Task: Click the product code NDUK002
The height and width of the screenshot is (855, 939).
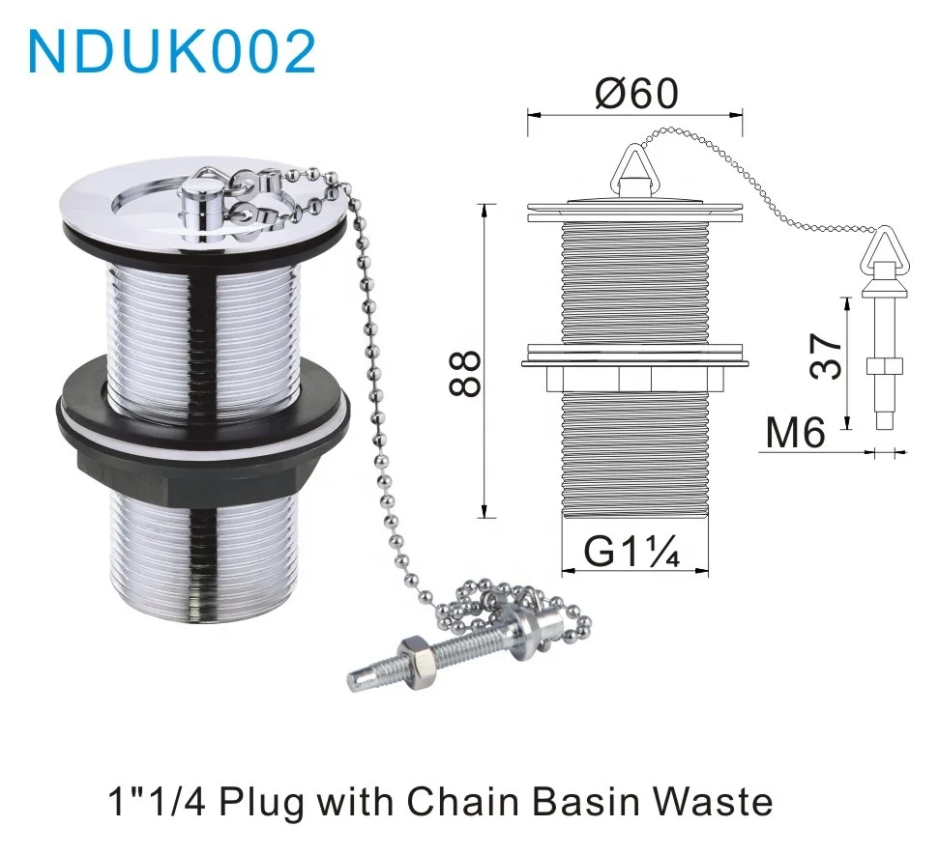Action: click(172, 50)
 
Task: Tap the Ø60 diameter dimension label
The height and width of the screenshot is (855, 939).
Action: click(636, 94)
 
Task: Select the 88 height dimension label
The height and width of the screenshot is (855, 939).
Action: click(465, 374)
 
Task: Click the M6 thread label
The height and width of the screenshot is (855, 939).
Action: click(795, 434)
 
